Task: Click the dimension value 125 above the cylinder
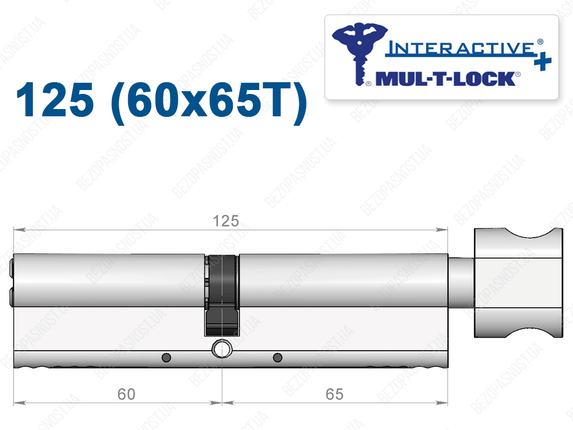(x=226, y=221)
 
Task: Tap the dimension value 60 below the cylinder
(x=126, y=394)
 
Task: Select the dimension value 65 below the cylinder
(x=335, y=394)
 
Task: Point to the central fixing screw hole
(x=222, y=348)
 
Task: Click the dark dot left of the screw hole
(x=166, y=357)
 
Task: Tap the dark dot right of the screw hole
(x=278, y=357)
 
